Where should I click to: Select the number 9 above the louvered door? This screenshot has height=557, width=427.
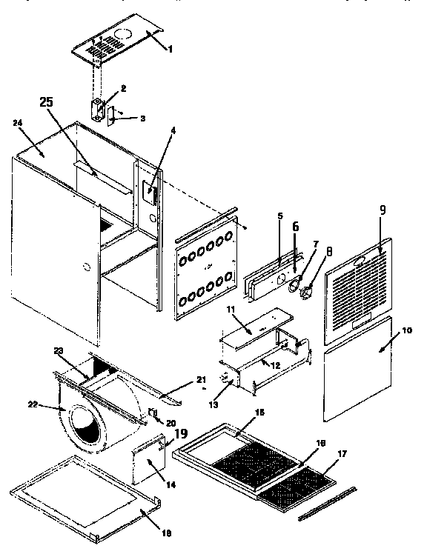(383, 210)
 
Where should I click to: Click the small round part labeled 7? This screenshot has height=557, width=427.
(295, 281)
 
